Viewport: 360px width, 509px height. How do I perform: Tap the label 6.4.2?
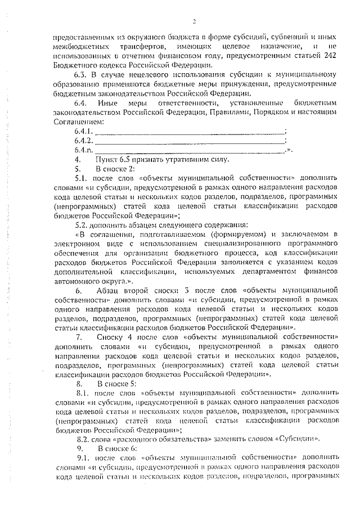coord(83,140)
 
